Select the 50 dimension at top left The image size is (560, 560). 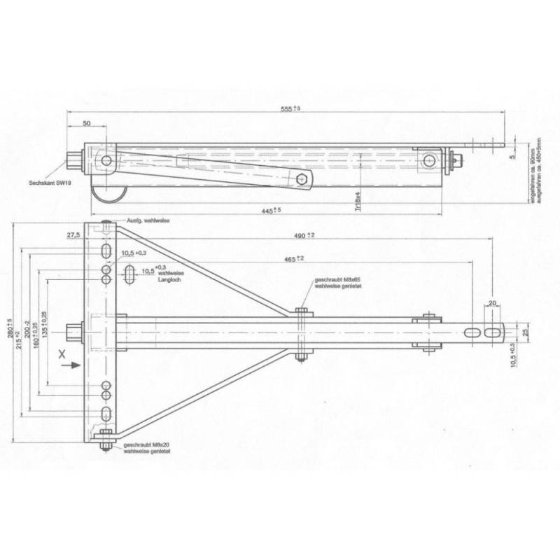pyautogui.click(x=87, y=123)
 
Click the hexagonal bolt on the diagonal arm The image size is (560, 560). pyautogui.click(x=302, y=178)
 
